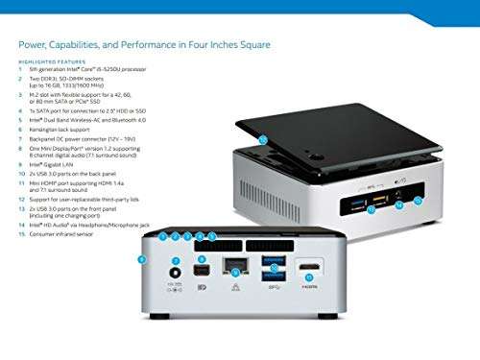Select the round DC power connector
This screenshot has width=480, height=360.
tap(175, 262)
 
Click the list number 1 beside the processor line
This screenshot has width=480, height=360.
tap(19, 70)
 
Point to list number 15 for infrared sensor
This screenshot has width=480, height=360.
tap(20, 233)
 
